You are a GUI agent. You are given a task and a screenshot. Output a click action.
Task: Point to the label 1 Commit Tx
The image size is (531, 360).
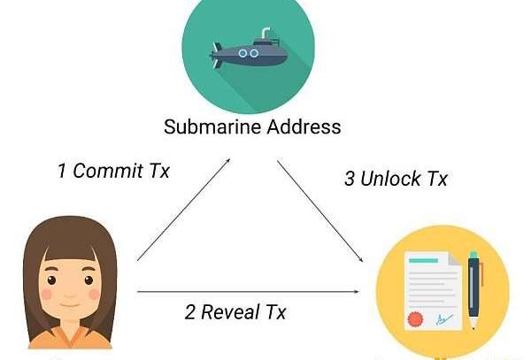tap(113, 171)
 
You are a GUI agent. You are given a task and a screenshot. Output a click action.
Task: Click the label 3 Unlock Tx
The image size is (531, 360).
tap(396, 178)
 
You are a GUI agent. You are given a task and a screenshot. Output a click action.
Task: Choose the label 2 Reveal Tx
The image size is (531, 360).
tap(236, 311)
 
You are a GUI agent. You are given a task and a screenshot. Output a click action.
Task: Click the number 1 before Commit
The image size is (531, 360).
tap(62, 171)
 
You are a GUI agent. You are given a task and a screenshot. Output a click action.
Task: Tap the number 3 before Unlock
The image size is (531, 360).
tap(349, 178)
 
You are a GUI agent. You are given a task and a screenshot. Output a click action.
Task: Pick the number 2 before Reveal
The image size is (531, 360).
tap(189, 311)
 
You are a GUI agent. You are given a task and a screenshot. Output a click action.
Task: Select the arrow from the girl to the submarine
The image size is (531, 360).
tap(184, 211)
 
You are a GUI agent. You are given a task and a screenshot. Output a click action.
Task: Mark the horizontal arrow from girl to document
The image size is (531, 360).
tap(252, 290)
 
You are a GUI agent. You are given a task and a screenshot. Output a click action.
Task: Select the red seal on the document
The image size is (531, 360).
tap(414, 318)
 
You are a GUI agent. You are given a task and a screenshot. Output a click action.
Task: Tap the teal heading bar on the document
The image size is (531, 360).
tap(422, 261)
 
